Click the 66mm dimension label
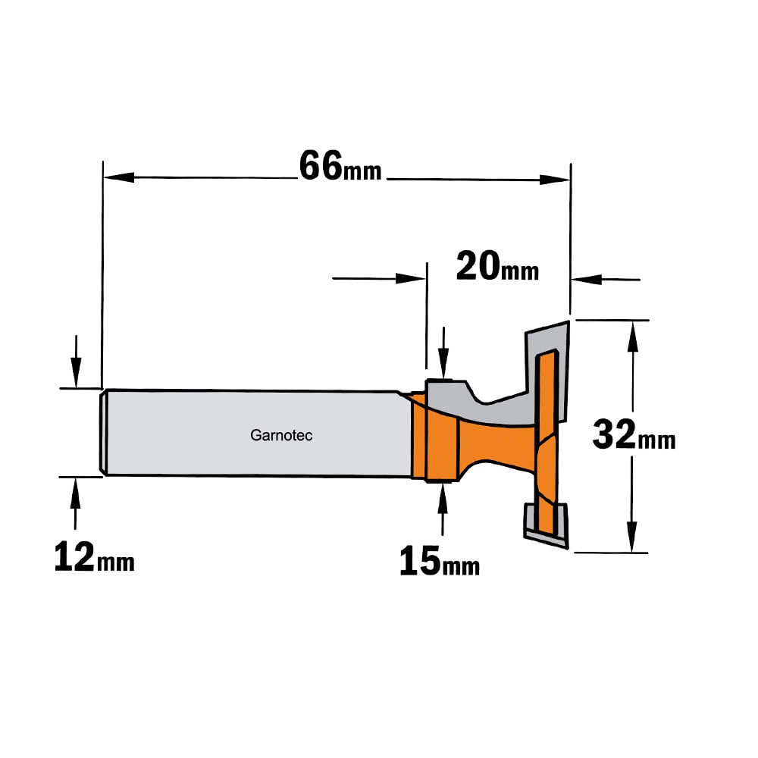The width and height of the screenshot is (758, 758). click(x=340, y=166)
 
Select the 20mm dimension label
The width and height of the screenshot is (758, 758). click(x=497, y=266)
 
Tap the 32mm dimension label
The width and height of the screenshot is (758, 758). click(x=634, y=435)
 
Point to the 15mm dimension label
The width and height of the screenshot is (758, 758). click(x=440, y=561)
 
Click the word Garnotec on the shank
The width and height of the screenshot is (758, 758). click(x=281, y=436)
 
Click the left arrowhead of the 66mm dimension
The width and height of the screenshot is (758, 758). click(x=119, y=177)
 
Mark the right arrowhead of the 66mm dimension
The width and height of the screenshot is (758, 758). click(x=555, y=180)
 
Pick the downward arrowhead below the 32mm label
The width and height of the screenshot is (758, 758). click(x=632, y=537)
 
